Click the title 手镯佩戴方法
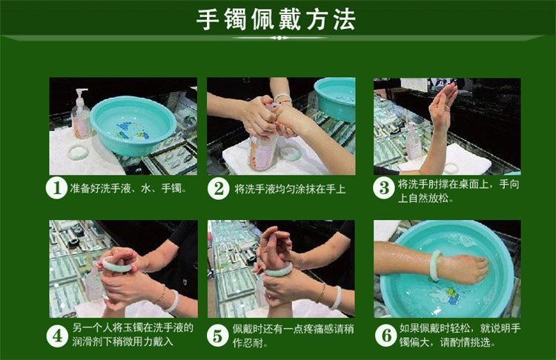(x=276, y=19)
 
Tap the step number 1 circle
(x=57, y=188)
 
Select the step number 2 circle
(x=218, y=189)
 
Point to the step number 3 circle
(x=384, y=188)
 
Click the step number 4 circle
(x=57, y=336)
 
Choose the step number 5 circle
(x=217, y=336)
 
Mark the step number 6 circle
(x=386, y=335)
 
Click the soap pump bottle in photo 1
(x=81, y=114)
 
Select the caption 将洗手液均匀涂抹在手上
(x=290, y=189)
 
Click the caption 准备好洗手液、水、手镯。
(x=128, y=188)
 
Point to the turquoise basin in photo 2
(x=335, y=99)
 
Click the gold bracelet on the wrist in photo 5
(x=322, y=293)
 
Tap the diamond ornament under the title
(x=279, y=38)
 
